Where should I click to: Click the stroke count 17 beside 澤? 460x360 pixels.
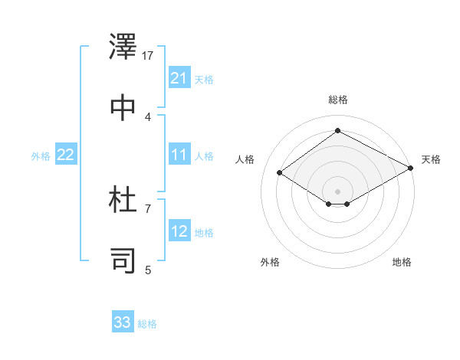pyautogui.click(x=149, y=56)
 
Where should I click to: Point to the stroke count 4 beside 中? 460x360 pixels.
pyautogui.click(x=148, y=116)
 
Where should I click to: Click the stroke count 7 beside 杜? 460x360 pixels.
pyautogui.click(x=148, y=208)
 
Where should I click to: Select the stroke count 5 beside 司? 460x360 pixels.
pyautogui.click(x=148, y=270)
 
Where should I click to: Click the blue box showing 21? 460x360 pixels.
pyautogui.click(x=179, y=78)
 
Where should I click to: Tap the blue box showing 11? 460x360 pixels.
pyautogui.click(x=179, y=155)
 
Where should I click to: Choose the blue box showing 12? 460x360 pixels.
pyautogui.click(x=179, y=232)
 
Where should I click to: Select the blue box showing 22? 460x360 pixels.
pyautogui.click(x=66, y=155)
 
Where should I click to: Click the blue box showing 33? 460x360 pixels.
pyautogui.click(x=123, y=322)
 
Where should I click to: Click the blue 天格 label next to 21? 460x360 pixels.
pyautogui.click(x=204, y=79)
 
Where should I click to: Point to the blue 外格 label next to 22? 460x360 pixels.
pyautogui.click(x=41, y=155)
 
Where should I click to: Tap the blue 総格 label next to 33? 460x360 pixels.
pyautogui.click(x=147, y=323)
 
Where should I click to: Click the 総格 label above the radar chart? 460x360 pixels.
pyautogui.click(x=338, y=100)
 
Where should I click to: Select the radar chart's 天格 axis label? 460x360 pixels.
pyautogui.click(x=431, y=159)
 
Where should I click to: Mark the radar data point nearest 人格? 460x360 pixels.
pyautogui.click(x=280, y=173)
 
